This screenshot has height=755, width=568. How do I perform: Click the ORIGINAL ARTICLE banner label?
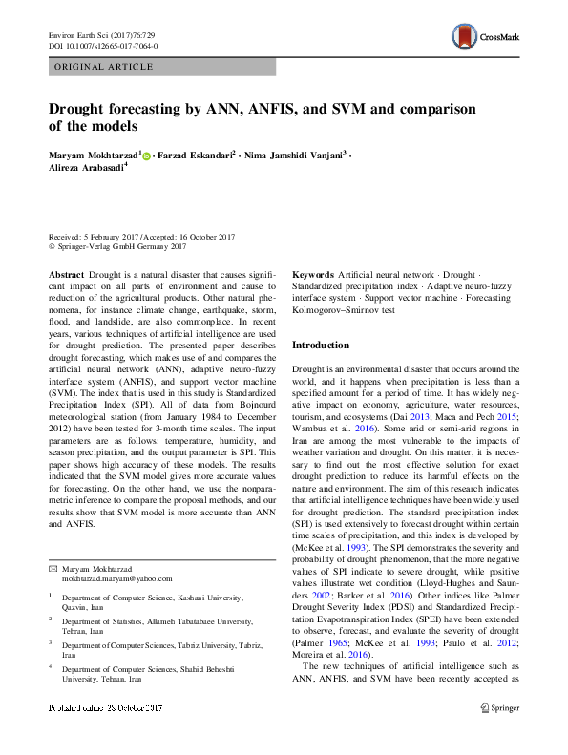click(x=104, y=67)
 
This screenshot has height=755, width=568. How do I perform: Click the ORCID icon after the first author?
click(x=147, y=154)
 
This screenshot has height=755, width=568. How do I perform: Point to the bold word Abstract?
click(x=67, y=274)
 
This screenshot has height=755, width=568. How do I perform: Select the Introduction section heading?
click(x=321, y=345)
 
